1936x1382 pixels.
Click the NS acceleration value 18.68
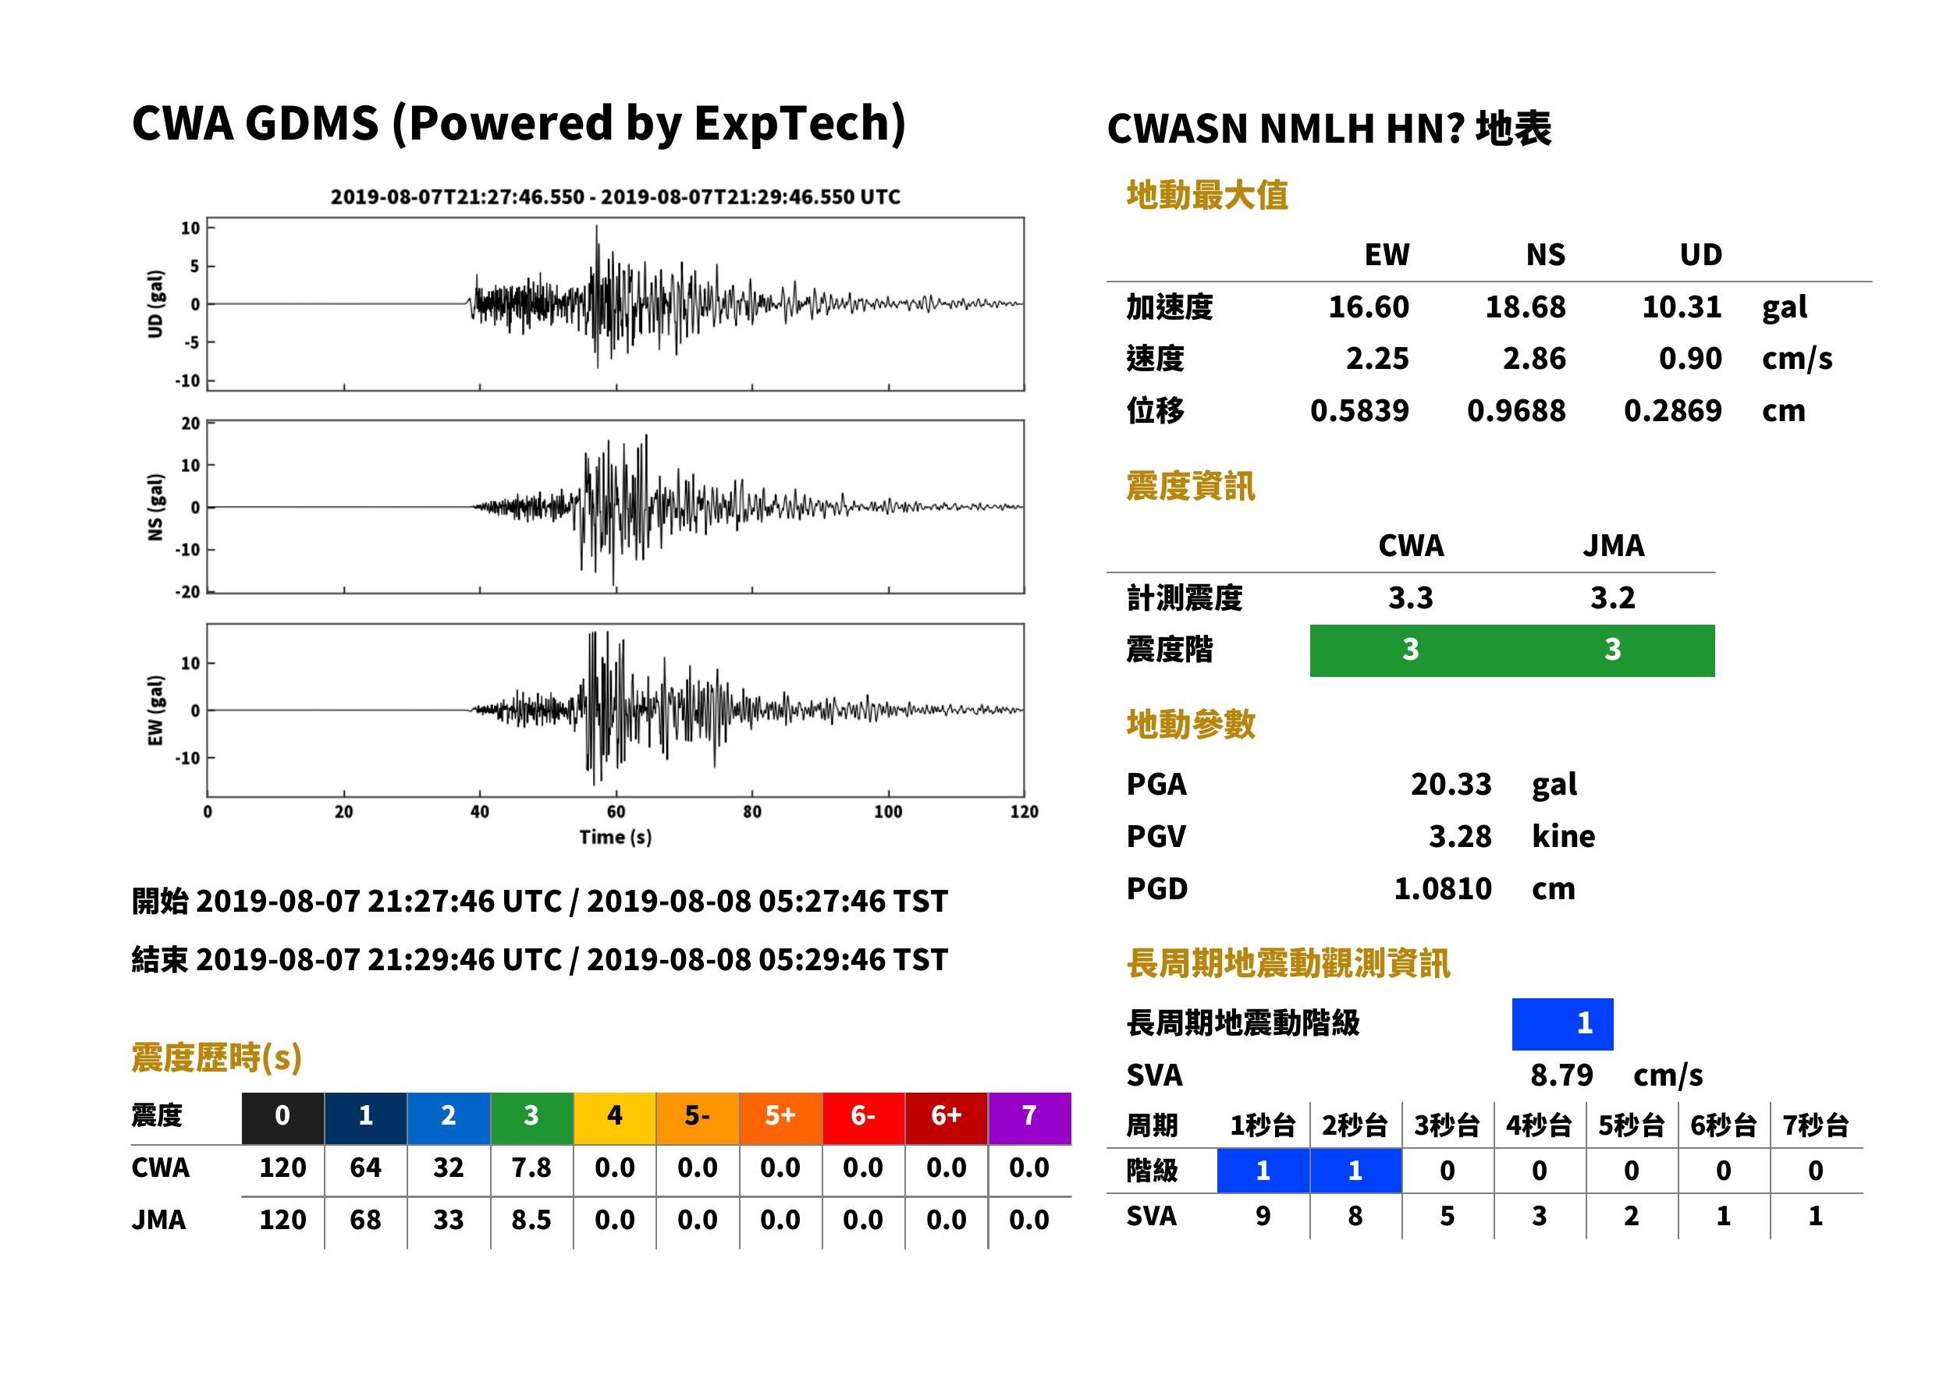coord(1525,307)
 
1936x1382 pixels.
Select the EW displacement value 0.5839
coord(1359,411)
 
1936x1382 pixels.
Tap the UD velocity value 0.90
coord(1690,359)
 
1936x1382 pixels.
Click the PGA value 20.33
coord(1451,784)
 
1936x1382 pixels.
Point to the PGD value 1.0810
coord(1443,888)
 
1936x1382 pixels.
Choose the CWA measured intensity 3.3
coord(1411,597)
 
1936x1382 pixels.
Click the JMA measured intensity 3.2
coord(1612,597)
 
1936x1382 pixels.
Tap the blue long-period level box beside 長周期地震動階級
coord(1562,1024)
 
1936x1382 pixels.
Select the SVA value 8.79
coord(1561,1075)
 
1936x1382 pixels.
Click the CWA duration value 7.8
coord(531,1168)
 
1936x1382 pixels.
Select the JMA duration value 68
coord(365,1220)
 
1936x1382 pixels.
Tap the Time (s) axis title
coord(616,838)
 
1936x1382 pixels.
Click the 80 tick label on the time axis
coord(751,812)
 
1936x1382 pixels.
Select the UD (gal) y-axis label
coord(155,304)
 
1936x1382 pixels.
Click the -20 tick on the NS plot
coord(187,591)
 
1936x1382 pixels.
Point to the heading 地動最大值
coord(1207,195)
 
